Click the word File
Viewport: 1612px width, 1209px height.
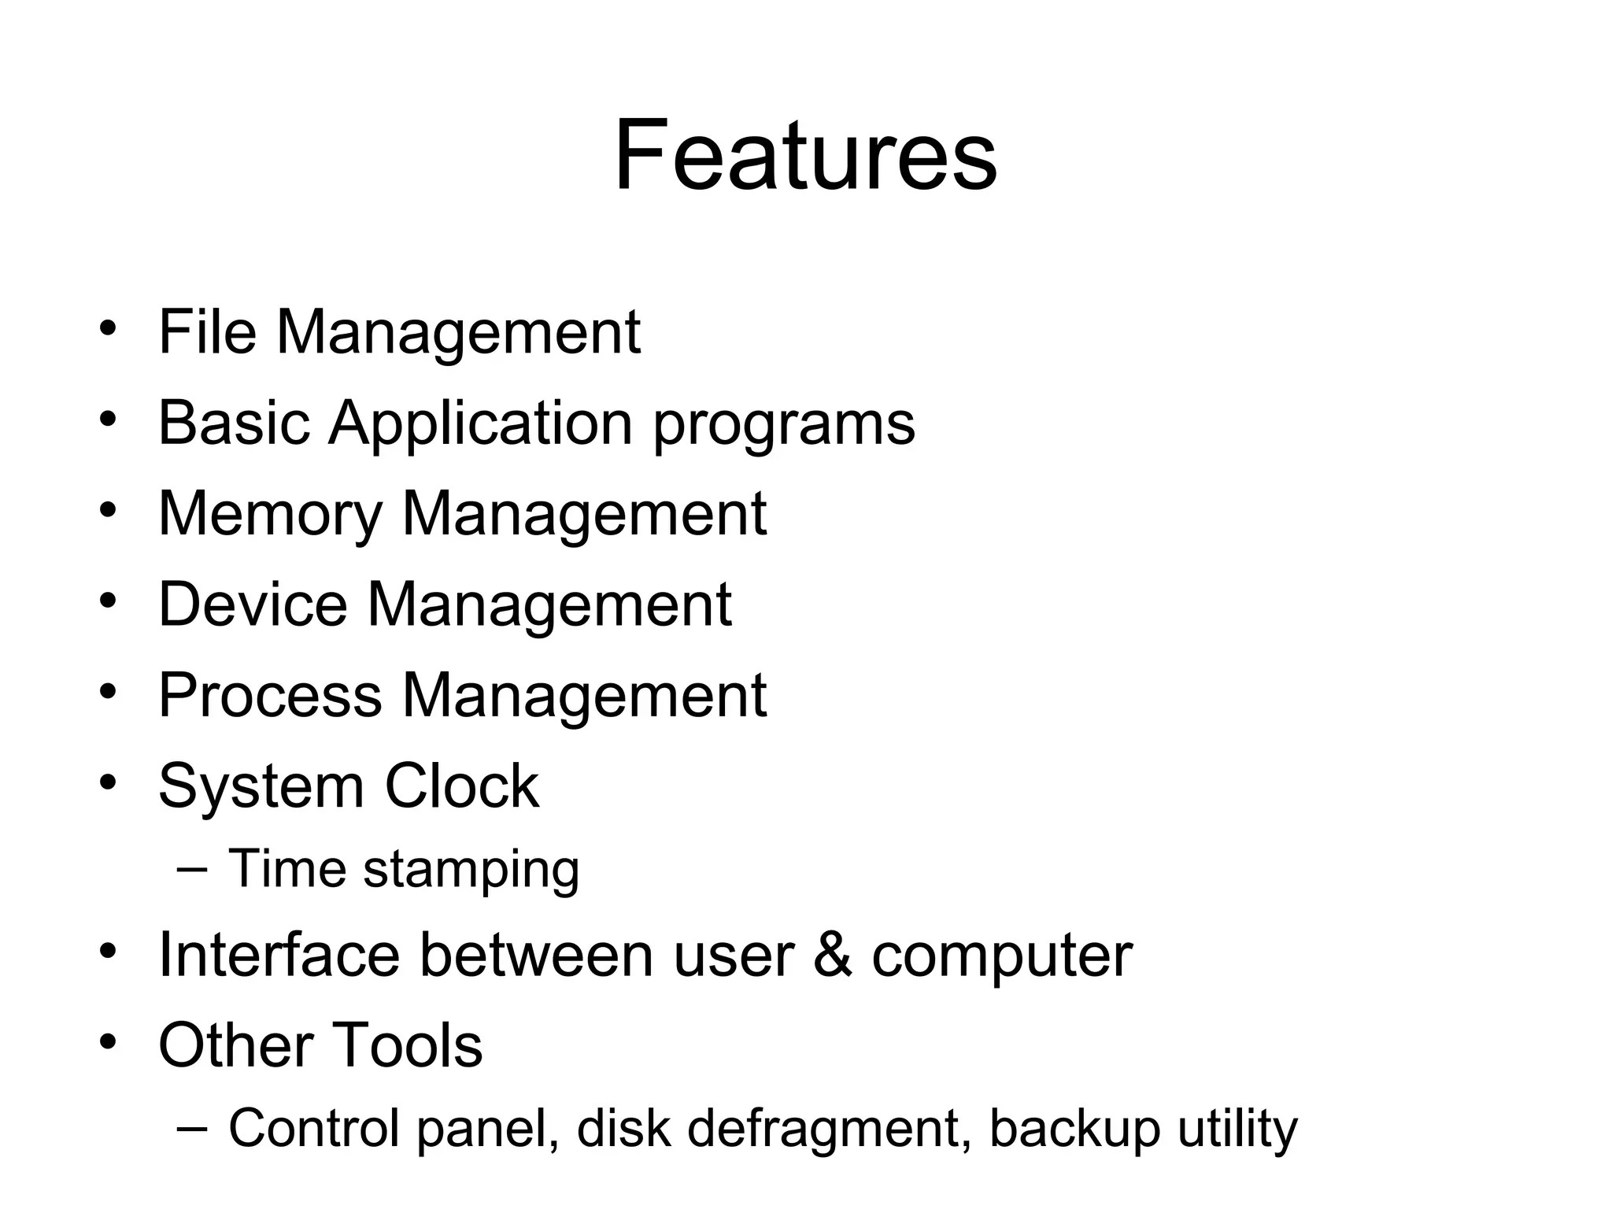(x=207, y=332)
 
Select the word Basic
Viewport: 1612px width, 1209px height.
(x=234, y=423)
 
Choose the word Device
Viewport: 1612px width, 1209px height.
(x=252, y=604)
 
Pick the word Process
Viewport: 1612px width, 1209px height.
(x=270, y=696)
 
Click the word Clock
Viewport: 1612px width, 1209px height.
(x=461, y=786)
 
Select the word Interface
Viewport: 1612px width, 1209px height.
(x=279, y=955)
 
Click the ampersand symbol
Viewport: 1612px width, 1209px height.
(x=832, y=956)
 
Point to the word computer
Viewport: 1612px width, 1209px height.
(x=1001, y=958)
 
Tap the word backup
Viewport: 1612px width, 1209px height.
(x=1074, y=1130)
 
